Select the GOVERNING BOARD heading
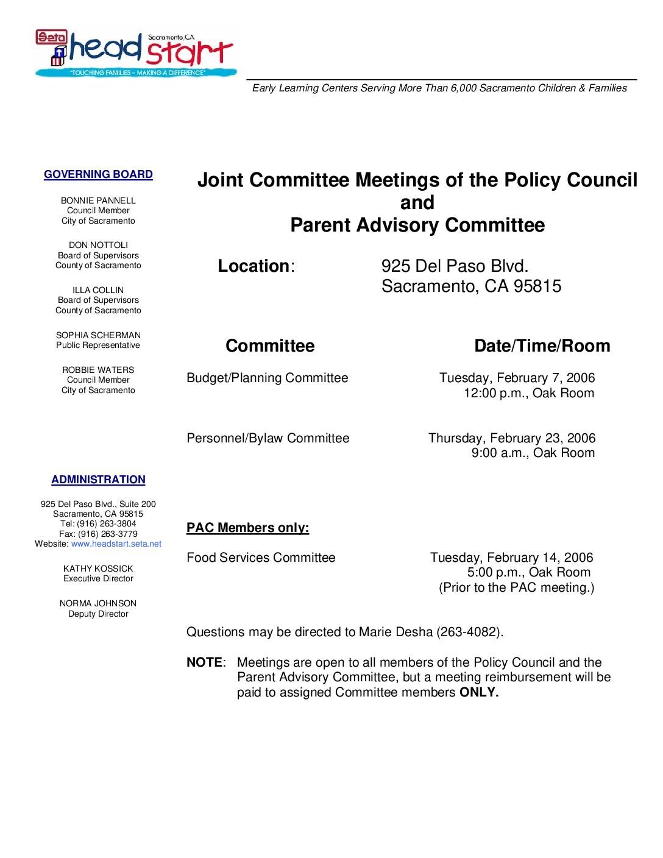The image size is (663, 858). [x=98, y=175]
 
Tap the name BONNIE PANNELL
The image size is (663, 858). [x=98, y=200]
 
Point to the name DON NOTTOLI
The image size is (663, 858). [x=98, y=245]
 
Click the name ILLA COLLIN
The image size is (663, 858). [x=98, y=290]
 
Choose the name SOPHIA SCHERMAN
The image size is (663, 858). [x=98, y=335]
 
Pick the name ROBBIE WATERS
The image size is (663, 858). [x=98, y=370]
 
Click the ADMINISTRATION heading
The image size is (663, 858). [x=98, y=480]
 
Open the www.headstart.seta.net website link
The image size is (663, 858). [x=116, y=544]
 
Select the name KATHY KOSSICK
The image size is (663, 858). [x=98, y=569]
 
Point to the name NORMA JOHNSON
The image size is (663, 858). [x=98, y=603]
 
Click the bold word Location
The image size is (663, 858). [x=253, y=266]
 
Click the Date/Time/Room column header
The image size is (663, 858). [x=542, y=346]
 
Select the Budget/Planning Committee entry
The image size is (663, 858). [x=268, y=378]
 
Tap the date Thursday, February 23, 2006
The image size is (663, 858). [x=512, y=438]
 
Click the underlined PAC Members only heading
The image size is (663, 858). [x=247, y=528]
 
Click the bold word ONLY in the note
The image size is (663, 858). [x=479, y=692]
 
